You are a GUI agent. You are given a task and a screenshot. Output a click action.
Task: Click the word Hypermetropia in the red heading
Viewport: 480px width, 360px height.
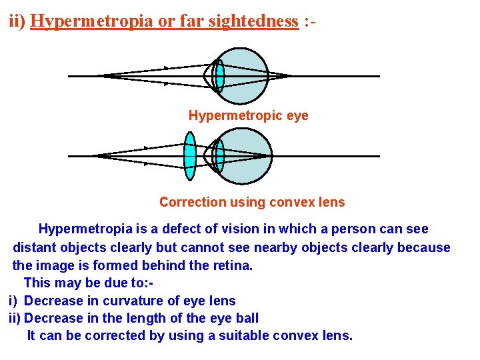(x=92, y=21)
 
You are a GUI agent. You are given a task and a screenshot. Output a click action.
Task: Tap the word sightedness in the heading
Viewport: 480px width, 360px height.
(x=254, y=21)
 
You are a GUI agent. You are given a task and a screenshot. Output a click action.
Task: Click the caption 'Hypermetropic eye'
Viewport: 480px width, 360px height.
(x=248, y=115)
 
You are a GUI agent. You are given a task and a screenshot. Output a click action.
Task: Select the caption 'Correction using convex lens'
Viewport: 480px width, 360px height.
(x=252, y=202)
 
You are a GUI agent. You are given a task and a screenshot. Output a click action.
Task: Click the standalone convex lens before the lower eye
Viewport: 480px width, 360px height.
(x=190, y=156)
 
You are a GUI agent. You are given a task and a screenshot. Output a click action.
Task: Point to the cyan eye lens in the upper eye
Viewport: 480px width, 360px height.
(x=219, y=76)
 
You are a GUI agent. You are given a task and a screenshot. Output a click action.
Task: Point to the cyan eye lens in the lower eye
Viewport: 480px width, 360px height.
(x=219, y=156)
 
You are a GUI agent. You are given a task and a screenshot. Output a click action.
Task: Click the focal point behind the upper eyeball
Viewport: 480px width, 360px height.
(x=288, y=76)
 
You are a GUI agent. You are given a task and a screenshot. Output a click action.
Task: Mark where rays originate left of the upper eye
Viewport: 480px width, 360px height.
(x=103, y=76)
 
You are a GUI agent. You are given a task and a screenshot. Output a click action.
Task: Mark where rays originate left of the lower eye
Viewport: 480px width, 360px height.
(x=98, y=156)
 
